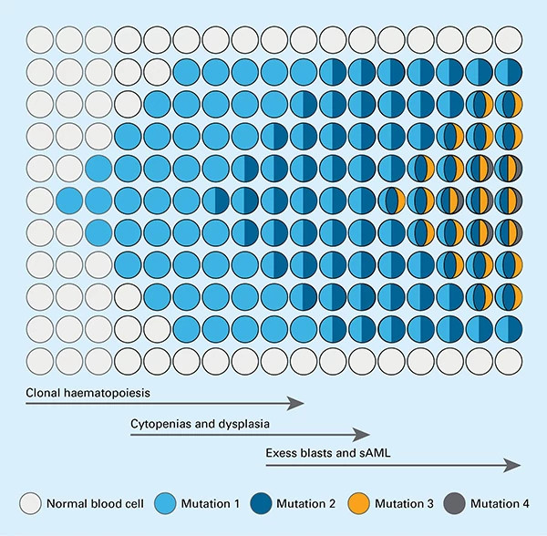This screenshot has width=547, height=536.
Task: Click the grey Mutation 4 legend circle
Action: (x=453, y=502)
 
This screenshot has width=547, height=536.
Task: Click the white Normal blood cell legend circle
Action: (x=30, y=502)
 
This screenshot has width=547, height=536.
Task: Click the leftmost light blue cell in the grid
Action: (x=69, y=200)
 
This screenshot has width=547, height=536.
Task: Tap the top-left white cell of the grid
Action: (x=40, y=40)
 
